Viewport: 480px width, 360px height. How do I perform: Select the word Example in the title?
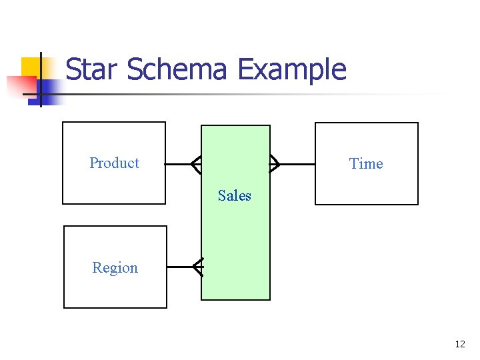pos(291,69)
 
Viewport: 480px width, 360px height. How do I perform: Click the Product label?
pos(115,163)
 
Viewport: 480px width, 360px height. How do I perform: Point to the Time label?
pos(366,164)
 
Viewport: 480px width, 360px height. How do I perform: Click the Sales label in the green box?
pos(235,196)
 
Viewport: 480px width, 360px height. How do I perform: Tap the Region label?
pos(115,268)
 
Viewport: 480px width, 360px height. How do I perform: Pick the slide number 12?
pos(459,344)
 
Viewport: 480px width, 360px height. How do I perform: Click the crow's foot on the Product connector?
pos(195,163)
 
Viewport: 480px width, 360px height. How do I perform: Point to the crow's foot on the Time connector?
pos(274,163)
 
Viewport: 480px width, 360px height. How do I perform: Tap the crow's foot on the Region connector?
pos(197,267)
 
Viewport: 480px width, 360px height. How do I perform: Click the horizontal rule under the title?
pos(253,94)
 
